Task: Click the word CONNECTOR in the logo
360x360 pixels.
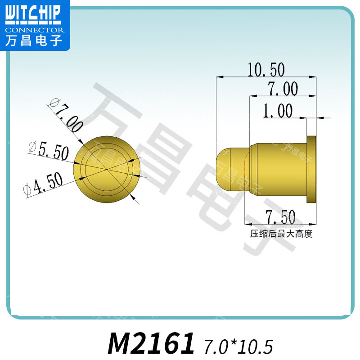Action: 35,30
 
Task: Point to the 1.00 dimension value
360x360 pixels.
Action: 278,111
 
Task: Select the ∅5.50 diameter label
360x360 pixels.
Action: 48,150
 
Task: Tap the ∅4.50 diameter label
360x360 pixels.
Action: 43,184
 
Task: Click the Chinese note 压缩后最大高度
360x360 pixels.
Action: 281,234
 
